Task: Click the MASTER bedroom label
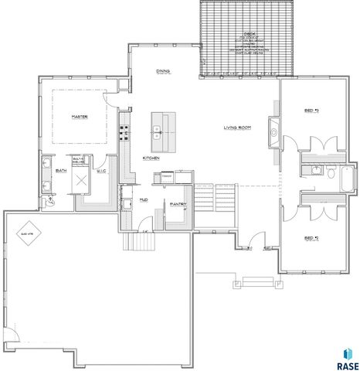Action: tap(77, 116)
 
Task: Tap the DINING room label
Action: tap(162, 71)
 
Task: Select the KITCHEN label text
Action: tap(151, 158)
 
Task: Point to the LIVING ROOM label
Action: tap(239, 127)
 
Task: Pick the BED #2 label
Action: tap(311, 237)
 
